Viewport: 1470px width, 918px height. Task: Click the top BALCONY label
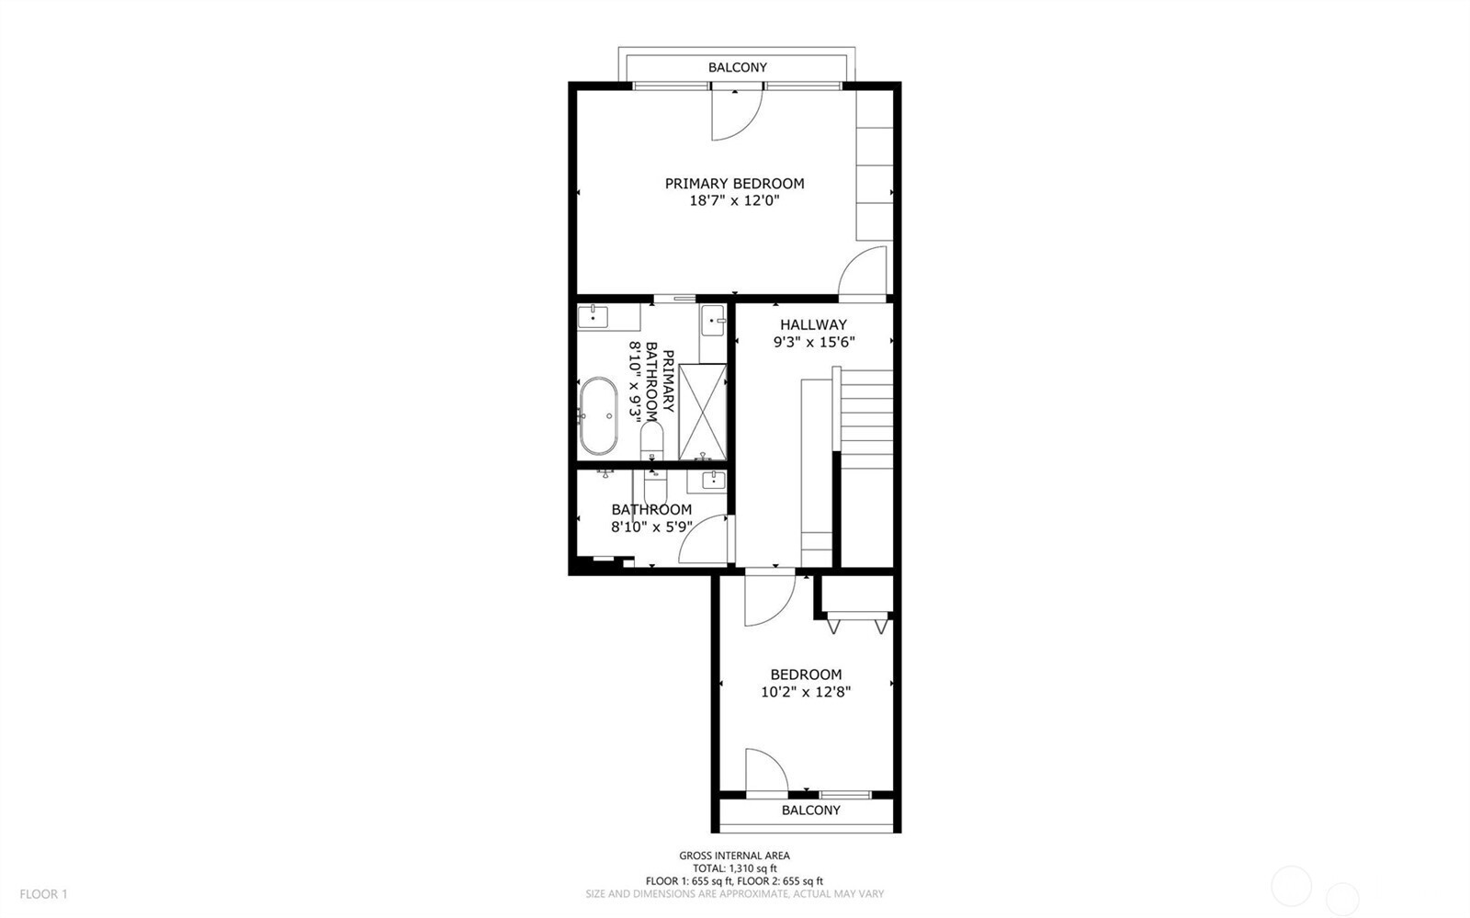pyautogui.click(x=737, y=67)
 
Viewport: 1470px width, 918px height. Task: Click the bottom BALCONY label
pyautogui.click(x=810, y=810)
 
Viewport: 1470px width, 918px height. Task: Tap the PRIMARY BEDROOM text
pyautogui.click(x=734, y=184)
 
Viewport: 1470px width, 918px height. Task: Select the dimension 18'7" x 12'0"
pyautogui.click(x=734, y=200)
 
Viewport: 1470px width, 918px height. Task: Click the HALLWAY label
pyautogui.click(x=813, y=324)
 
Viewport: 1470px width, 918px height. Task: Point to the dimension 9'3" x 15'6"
pyautogui.click(x=813, y=342)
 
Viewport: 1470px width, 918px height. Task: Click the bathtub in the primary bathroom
pyautogui.click(x=598, y=415)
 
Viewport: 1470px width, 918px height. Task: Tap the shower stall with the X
pyautogui.click(x=703, y=412)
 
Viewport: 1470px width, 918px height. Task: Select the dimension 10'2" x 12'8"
pyautogui.click(x=805, y=691)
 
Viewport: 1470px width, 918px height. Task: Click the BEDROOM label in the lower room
pyautogui.click(x=805, y=674)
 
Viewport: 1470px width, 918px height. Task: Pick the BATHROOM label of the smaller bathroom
pyautogui.click(x=651, y=510)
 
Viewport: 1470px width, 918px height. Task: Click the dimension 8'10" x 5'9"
pyautogui.click(x=651, y=527)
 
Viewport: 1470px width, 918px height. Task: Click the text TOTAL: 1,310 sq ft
pyautogui.click(x=734, y=867)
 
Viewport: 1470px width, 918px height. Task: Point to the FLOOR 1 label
pyautogui.click(x=44, y=893)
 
